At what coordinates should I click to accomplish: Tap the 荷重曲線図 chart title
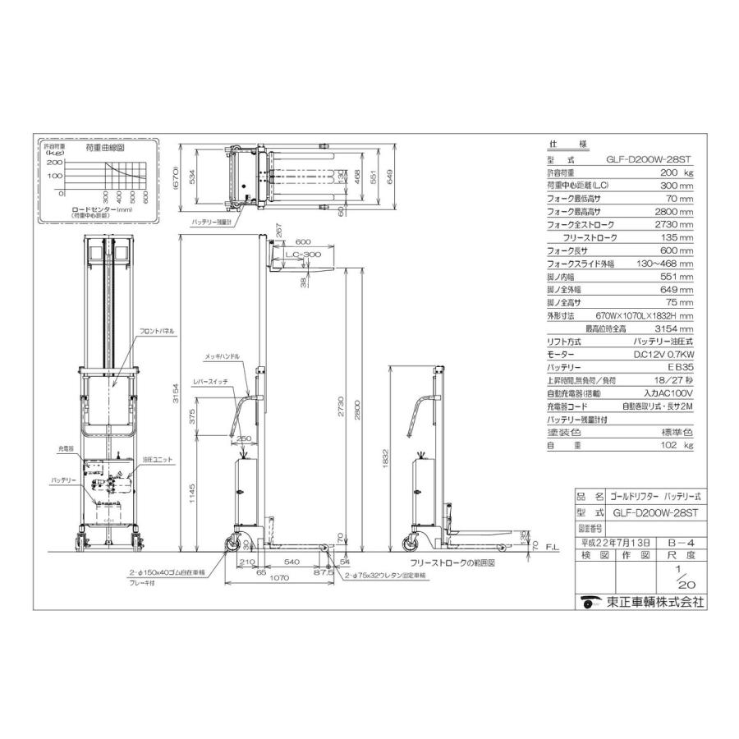point(104,148)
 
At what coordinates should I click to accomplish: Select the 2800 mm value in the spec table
point(674,211)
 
